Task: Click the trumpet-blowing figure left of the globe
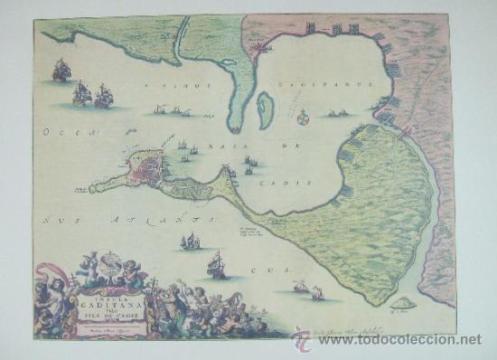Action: (x=89, y=264)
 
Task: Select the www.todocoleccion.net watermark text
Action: (x=397, y=339)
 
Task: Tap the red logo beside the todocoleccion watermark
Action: (x=301, y=338)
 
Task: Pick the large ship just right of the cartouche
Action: (x=216, y=265)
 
